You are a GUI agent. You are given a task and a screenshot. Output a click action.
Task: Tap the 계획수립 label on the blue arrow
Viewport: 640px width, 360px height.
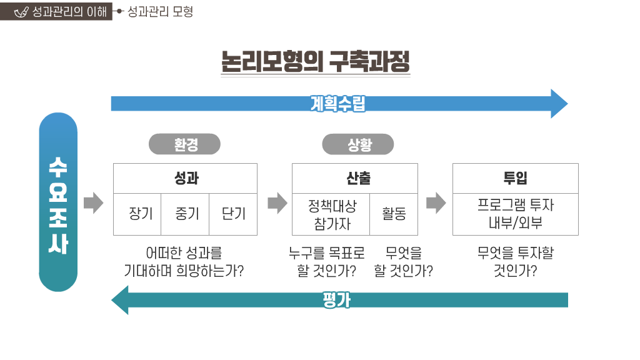(337, 103)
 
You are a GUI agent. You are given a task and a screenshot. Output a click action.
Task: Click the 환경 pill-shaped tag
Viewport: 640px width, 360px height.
(185, 144)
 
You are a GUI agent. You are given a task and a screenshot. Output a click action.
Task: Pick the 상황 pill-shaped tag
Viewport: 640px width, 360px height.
(358, 144)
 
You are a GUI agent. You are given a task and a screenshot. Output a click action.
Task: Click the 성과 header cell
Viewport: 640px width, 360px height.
(185, 178)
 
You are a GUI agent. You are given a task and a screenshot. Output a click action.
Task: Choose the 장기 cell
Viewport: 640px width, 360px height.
(137, 214)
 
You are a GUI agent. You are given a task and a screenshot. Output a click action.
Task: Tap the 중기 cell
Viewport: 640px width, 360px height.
(185, 214)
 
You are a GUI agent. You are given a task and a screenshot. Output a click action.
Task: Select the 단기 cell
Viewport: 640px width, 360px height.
(233, 214)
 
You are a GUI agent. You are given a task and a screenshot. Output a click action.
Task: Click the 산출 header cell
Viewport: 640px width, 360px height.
(355, 178)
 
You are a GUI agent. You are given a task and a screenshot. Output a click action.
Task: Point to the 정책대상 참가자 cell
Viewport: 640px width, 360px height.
(331, 214)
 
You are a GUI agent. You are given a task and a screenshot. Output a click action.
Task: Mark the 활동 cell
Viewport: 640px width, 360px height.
(394, 214)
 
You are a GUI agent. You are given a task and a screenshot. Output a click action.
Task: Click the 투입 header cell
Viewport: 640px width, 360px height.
(516, 178)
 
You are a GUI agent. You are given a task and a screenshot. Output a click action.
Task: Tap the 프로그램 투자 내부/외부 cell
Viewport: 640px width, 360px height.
(516, 214)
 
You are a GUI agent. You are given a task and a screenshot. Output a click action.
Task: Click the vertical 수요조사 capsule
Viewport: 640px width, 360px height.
(58, 202)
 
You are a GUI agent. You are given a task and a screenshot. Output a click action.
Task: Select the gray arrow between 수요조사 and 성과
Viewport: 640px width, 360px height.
(93, 202)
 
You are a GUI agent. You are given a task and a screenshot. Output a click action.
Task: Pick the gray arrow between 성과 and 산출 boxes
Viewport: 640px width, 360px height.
(276, 202)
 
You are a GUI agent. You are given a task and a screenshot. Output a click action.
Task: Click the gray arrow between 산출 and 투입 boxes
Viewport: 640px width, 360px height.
(436, 202)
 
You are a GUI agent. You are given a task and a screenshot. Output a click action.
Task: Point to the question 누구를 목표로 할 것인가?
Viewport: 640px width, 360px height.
(326, 262)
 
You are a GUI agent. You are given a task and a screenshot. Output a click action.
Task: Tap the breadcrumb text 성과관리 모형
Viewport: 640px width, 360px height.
(160, 11)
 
